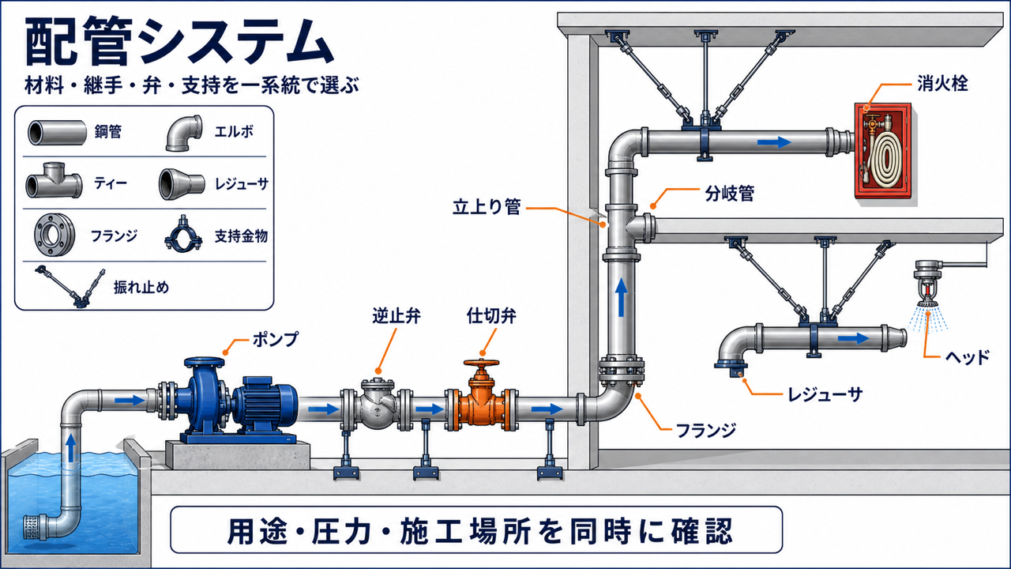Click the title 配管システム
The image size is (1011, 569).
tap(179, 41)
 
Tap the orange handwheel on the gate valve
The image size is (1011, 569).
tap(482, 363)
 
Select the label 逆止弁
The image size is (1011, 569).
tap(397, 315)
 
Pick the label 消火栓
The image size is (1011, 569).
tap(942, 84)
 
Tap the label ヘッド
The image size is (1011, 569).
tap(968, 357)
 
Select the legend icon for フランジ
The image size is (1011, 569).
tap(54, 235)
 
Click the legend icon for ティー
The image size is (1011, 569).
tap(54, 181)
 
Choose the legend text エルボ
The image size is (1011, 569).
tap(234, 132)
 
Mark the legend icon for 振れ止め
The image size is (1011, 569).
tap(70, 286)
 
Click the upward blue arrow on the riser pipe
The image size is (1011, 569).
tap(622, 297)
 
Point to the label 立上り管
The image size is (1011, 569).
tap(487, 207)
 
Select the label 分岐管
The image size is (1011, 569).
tap(729, 194)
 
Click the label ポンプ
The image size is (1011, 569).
tap(276, 339)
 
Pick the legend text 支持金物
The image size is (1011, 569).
tap(241, 236)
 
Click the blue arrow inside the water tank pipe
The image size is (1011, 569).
tap(71, 447)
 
